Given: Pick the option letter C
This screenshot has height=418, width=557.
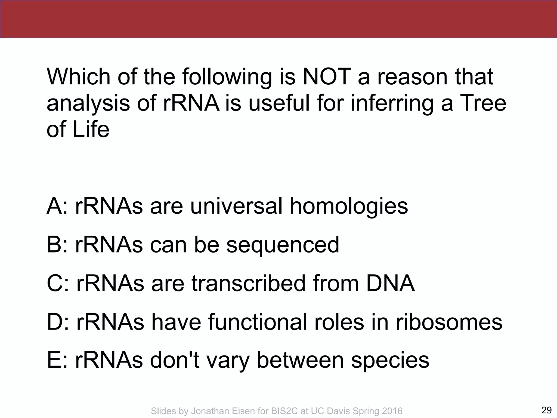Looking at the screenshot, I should pyautogui.click(x=55, y=283).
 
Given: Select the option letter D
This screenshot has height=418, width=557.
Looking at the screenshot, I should pyautogui.click(x=55, y=322).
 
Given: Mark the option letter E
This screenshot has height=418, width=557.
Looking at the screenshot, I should pyautogui.click(x=54, y=360).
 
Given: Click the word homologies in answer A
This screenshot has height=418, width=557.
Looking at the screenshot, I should pyautogui.click(x=349, y=206).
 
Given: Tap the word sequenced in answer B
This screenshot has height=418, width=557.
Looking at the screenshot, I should pyautogui.click(x=283, y=245).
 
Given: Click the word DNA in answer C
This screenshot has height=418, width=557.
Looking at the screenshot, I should pyautogui.click(x=390, y=283).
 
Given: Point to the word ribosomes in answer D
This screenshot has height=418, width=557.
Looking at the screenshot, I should pyautogui.click(x=449, y=322).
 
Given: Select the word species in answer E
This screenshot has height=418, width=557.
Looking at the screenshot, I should pyautogui.click(x=390, y=360).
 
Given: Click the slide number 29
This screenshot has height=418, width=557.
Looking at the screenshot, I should pyautogui.click(x=546, y=410).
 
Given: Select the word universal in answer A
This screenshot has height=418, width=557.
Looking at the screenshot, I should pyautogui.click(x=236, y=206).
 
